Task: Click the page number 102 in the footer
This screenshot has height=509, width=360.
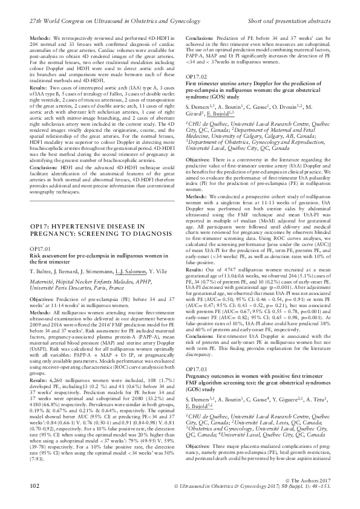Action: pyautogui.click(x=34, y=501)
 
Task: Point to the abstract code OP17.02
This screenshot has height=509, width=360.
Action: pyautogui.click(x=195, y=94)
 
